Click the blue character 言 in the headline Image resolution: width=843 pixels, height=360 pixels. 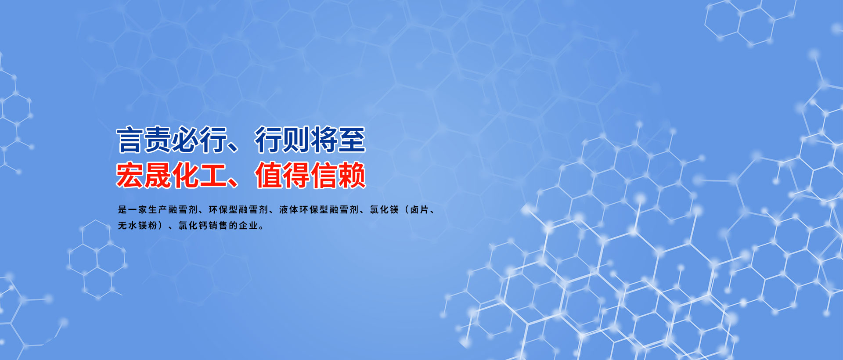click(130, 140)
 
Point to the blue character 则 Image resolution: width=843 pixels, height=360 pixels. click(296, 140)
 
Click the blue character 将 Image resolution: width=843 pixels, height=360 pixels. click(324, 140)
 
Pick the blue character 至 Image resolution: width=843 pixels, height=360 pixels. click(352, 140)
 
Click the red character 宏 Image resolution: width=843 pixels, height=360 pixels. click(130, 175)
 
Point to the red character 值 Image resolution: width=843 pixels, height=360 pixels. click(269, 175)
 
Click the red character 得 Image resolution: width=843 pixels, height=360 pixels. click(296, 175)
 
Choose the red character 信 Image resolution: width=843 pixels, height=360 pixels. click(324, 175)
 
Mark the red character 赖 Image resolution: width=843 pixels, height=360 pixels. click(352, 175)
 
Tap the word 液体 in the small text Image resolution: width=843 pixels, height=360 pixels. click(289, 210)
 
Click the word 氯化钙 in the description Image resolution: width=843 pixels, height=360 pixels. click(193, 226)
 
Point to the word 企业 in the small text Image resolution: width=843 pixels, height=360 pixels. click(249, 226)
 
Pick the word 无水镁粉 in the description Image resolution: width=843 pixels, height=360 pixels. click(137, 226)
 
